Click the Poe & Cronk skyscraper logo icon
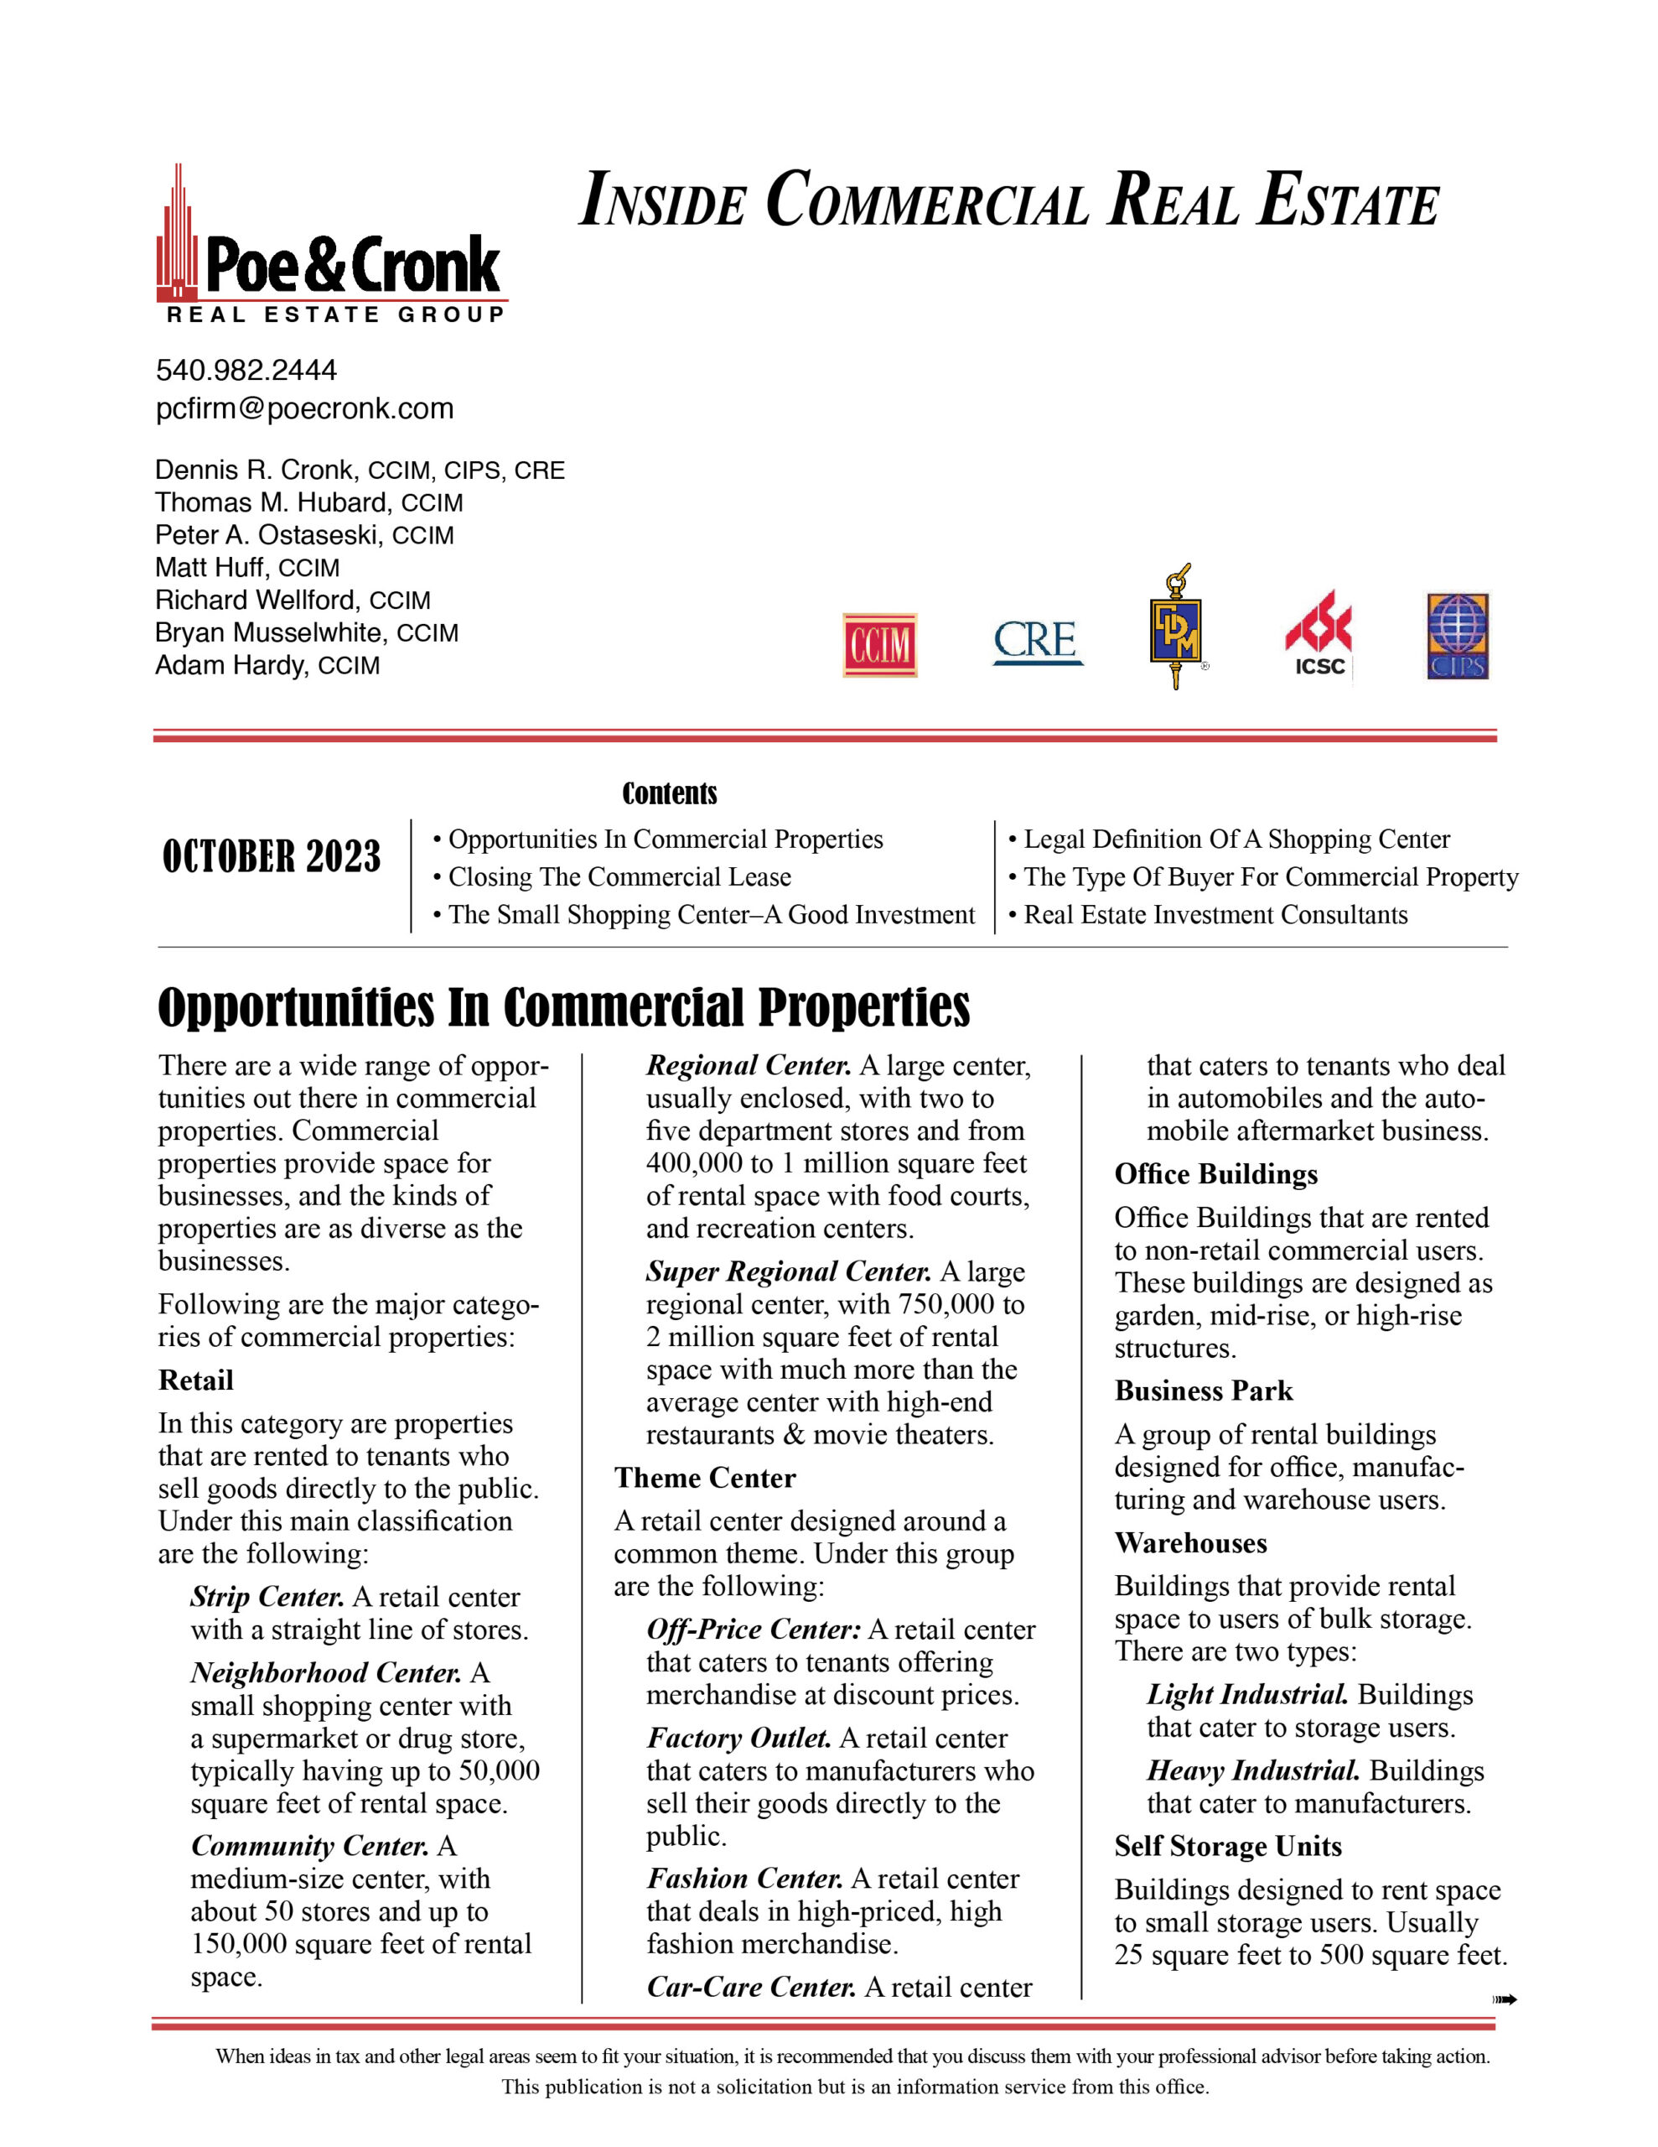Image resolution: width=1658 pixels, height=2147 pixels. [178, 236]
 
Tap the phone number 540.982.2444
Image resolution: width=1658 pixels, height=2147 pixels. [246, 371]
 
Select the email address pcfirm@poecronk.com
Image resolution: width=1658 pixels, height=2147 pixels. [304, 409]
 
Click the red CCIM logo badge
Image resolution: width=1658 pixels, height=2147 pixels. [879, 645]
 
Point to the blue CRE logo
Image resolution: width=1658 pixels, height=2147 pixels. [1037, 642]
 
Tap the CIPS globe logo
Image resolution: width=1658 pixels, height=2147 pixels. [1458, 636]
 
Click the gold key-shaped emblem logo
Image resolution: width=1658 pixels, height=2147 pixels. [1176, 627]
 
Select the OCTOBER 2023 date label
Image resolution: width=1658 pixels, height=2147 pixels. [272, 857]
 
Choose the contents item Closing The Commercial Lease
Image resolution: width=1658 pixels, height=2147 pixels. [619, 877]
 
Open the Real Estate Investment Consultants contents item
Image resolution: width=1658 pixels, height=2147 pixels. [1215, 915]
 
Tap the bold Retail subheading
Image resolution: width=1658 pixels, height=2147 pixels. [195, 1380]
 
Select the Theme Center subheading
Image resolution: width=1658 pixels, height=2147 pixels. [705, 1478]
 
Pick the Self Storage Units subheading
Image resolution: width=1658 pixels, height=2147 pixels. [1227, 1846]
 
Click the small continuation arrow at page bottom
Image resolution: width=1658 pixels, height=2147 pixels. [1504, 1999]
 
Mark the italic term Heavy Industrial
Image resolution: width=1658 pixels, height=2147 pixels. [1253, 1770]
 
